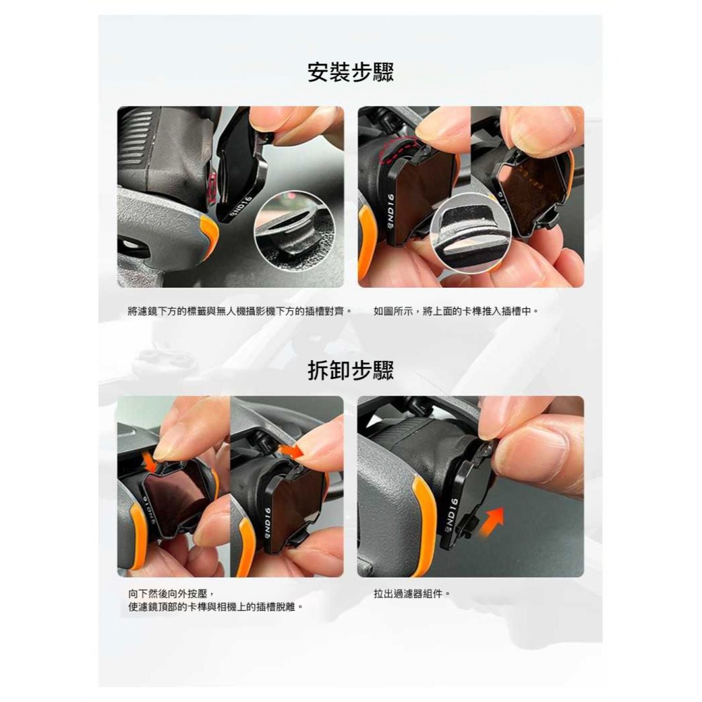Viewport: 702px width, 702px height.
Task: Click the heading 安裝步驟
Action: tap(350, 72)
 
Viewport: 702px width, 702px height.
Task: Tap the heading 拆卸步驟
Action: tap(350, 370)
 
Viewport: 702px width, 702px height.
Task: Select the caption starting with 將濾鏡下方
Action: tap(239, 311)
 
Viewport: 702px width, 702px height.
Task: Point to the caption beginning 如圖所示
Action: tap(456, 311)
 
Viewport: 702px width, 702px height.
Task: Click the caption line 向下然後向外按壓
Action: tap(173, 594)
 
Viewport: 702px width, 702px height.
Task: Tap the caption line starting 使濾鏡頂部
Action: tap(216, 607)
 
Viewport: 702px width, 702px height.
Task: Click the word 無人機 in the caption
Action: tap(231, 311)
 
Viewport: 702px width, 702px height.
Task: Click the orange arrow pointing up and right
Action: tap(491, 522)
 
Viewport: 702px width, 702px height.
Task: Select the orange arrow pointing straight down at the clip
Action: tap(152, 463)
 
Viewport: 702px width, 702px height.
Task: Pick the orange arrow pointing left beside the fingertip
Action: tap(291, 450)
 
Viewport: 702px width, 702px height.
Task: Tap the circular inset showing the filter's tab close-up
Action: tap(470, 233)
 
